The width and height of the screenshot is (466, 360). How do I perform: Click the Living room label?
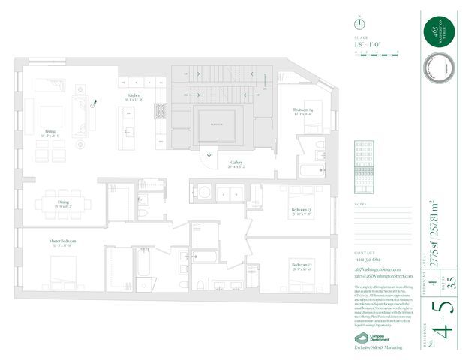(x=50, y=132)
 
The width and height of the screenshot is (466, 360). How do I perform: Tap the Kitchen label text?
(x=134, y=97)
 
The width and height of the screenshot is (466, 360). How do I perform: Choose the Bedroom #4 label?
(x=302, y=112)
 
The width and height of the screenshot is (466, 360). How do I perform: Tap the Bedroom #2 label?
(x=302, y=265)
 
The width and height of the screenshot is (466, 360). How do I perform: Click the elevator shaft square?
(x=216, y=124)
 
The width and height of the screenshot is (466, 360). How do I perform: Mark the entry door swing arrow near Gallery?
(x=209, y=158)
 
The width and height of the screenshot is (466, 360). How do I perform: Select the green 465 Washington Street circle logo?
(x=434, y=32)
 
